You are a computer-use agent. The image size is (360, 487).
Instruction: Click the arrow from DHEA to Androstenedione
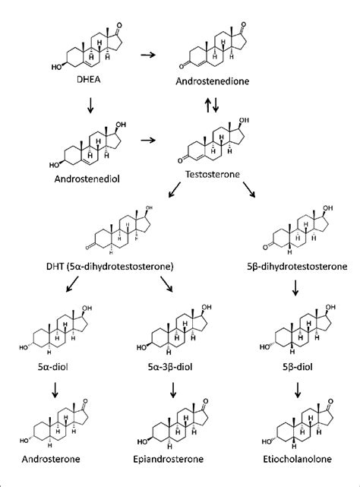pos(150,55)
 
